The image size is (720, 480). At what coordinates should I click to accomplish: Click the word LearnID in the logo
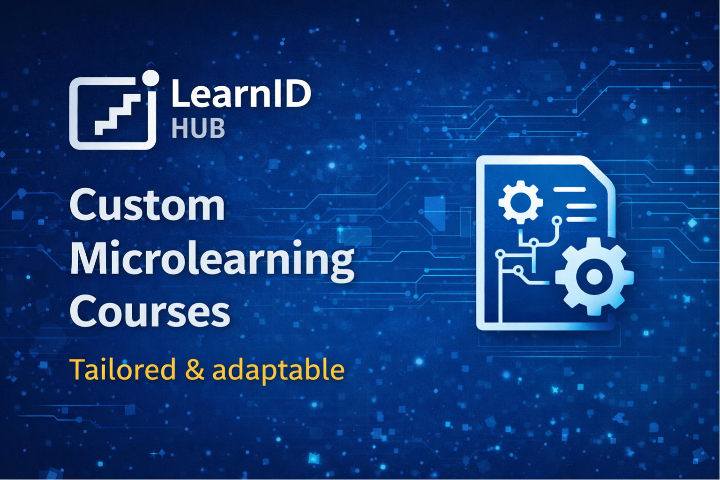[241, 93]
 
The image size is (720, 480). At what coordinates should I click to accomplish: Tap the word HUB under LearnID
[198, 128]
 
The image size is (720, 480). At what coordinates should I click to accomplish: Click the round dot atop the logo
[150, 78]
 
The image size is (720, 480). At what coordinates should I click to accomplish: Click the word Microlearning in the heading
[212, 261]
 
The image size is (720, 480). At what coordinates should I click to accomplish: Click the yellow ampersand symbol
[195, 369]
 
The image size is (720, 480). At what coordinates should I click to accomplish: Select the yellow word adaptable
[278, 370]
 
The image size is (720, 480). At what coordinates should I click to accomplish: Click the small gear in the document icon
[521, 202]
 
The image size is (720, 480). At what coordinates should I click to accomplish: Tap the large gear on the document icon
[594, 276]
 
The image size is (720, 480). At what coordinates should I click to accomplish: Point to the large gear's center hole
[594, 276]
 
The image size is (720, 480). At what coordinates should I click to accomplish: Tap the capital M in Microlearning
[92, 258]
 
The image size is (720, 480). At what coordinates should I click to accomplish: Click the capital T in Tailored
[79, 369]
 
